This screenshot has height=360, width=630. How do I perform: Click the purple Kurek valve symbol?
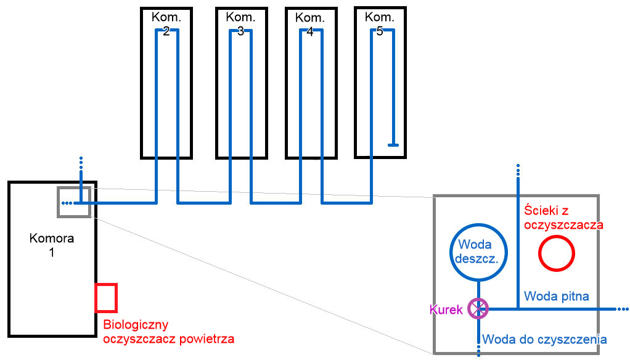[x=478, y=308]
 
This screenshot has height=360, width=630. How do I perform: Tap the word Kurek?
[x=447, y=309]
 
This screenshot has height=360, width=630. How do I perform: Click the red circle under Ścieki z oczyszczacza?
[x=557, y=253]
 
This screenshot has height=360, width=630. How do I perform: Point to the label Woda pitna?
[x=557, y=296]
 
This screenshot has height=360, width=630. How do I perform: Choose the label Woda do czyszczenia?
[x=544, y=339]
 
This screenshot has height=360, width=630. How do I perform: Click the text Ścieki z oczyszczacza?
[x=563, y=218]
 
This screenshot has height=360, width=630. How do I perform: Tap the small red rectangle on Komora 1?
[x=106, y=297]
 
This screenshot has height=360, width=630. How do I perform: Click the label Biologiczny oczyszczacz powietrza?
[x=168, y=332]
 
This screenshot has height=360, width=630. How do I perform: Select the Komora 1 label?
[x=52, y=245]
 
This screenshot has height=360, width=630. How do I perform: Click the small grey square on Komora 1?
[x=74, y=202]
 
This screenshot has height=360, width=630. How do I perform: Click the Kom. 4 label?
[x=310, y=23]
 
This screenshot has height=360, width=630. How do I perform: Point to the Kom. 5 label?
[x=380, y=23]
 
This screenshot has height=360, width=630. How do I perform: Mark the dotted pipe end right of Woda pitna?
[x=621, y=308]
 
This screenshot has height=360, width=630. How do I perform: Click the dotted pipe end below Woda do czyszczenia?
[x=478, y=350]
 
